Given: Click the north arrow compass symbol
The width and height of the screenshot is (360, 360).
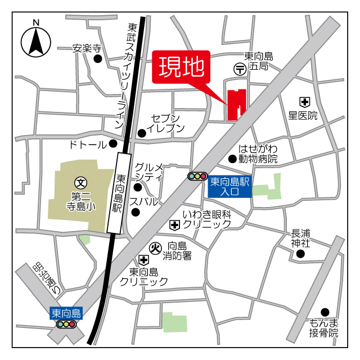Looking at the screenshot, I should pos(36,40).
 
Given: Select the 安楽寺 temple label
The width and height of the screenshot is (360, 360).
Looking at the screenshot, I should pos(87,48).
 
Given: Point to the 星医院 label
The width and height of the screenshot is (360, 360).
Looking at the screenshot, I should pos(303,116).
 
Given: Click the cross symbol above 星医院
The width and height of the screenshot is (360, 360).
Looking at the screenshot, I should pos(304,102).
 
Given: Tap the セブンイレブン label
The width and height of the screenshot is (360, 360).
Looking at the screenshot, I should pos(165,123).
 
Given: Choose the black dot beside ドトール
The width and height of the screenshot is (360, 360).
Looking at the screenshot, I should pos(113,143).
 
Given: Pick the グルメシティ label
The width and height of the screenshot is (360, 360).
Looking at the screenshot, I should pos(149,172).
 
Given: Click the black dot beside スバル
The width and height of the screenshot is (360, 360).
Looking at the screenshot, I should pos(136,212).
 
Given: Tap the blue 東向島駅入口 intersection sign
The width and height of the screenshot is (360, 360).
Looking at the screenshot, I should pos(229,186).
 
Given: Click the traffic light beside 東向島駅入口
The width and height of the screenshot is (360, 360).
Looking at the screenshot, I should pos(197,177).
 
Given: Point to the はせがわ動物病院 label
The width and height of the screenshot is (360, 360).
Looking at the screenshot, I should pos(258,154).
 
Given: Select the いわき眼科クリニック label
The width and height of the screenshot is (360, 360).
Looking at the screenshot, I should pos(206,219).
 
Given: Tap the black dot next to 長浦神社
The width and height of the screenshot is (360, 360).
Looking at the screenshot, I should pos(300,254).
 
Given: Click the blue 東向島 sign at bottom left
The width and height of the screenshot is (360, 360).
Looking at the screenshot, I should pos(66,313).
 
